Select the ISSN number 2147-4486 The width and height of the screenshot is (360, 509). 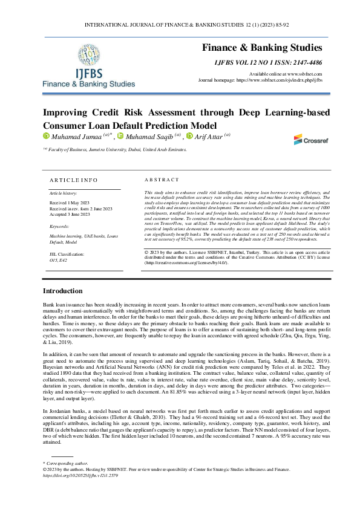pos(304,62)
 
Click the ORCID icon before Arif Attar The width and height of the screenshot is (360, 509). pos(189,137)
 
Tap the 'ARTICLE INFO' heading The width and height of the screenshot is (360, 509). pos(72,180)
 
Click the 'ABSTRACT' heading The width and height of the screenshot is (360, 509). pos(162,180)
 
